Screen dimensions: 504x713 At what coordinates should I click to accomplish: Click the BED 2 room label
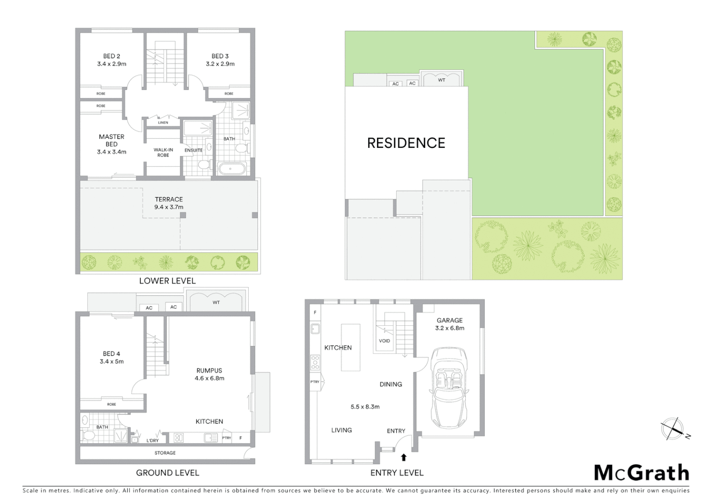[x=112, y=56]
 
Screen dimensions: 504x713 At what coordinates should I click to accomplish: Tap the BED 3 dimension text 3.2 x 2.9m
[x=220, y=64]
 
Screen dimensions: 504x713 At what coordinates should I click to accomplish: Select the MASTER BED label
[x=112, y=140]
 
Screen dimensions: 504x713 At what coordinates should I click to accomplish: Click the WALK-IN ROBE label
[x=163, y=152]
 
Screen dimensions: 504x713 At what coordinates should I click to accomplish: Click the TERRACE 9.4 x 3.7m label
[x=168, y=203]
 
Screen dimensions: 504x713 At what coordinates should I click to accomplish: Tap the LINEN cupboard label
[x=163, y=123]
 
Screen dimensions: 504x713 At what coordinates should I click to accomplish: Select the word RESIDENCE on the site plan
[x=406, y=143]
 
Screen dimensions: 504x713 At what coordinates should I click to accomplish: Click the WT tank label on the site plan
[x=441, y=80]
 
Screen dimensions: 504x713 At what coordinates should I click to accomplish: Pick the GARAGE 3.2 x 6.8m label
[x=449, y=324]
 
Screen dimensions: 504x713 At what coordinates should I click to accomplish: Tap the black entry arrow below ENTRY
[x=404, y=457]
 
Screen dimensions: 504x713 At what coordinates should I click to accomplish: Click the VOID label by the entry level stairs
[x=384, y=341]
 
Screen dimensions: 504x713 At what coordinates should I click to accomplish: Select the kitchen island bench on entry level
[x=350, y=347]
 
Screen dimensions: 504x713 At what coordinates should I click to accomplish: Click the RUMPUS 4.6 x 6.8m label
[x=209, y=374]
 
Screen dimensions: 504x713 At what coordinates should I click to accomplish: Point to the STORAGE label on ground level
[x=165, y=453]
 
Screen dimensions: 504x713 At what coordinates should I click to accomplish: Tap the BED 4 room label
[x=112, y=354]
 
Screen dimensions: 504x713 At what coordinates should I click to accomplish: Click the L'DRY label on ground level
[x=153, y=441]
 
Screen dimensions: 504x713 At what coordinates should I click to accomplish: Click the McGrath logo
[x=641, y=473]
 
